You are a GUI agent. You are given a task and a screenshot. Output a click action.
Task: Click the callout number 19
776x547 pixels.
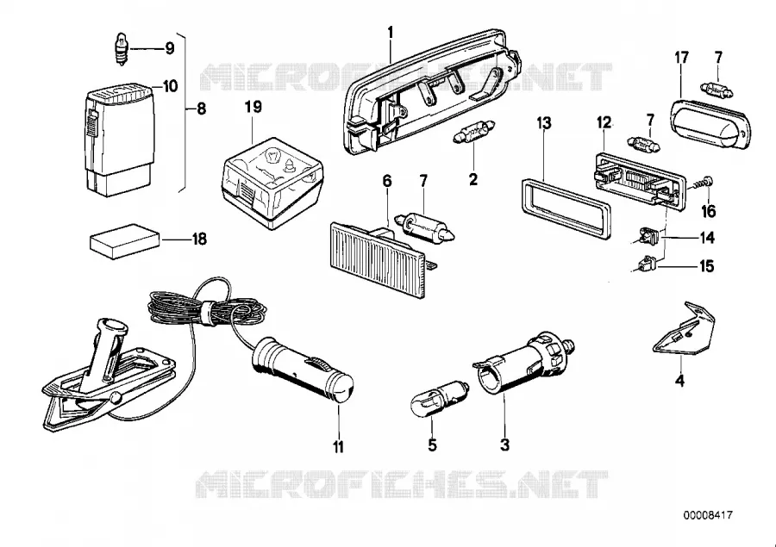coord(253,107)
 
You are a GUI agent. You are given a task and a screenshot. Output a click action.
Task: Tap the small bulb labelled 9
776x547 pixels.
coord(122,49)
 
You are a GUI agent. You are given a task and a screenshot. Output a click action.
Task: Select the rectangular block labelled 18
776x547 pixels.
coord(125,241)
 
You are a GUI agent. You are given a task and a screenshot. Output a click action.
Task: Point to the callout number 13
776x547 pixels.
coord(544,122)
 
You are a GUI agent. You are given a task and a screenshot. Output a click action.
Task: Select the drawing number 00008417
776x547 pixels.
coord(708,515)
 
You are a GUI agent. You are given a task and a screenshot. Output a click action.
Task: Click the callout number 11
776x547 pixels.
coord(338,447)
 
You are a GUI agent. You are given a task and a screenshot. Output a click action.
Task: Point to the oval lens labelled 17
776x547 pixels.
coord(710,124)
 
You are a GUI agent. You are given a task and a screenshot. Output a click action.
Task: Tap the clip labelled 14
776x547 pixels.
coord(646,236)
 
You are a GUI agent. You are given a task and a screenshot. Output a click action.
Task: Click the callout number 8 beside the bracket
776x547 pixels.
coord(201,109)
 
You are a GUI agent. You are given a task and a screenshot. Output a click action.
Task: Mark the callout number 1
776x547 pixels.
coord(391,33)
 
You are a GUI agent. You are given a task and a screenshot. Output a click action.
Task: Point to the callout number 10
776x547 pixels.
coord(170,86)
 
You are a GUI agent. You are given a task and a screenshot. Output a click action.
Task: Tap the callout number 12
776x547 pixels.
coord(604,122)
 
